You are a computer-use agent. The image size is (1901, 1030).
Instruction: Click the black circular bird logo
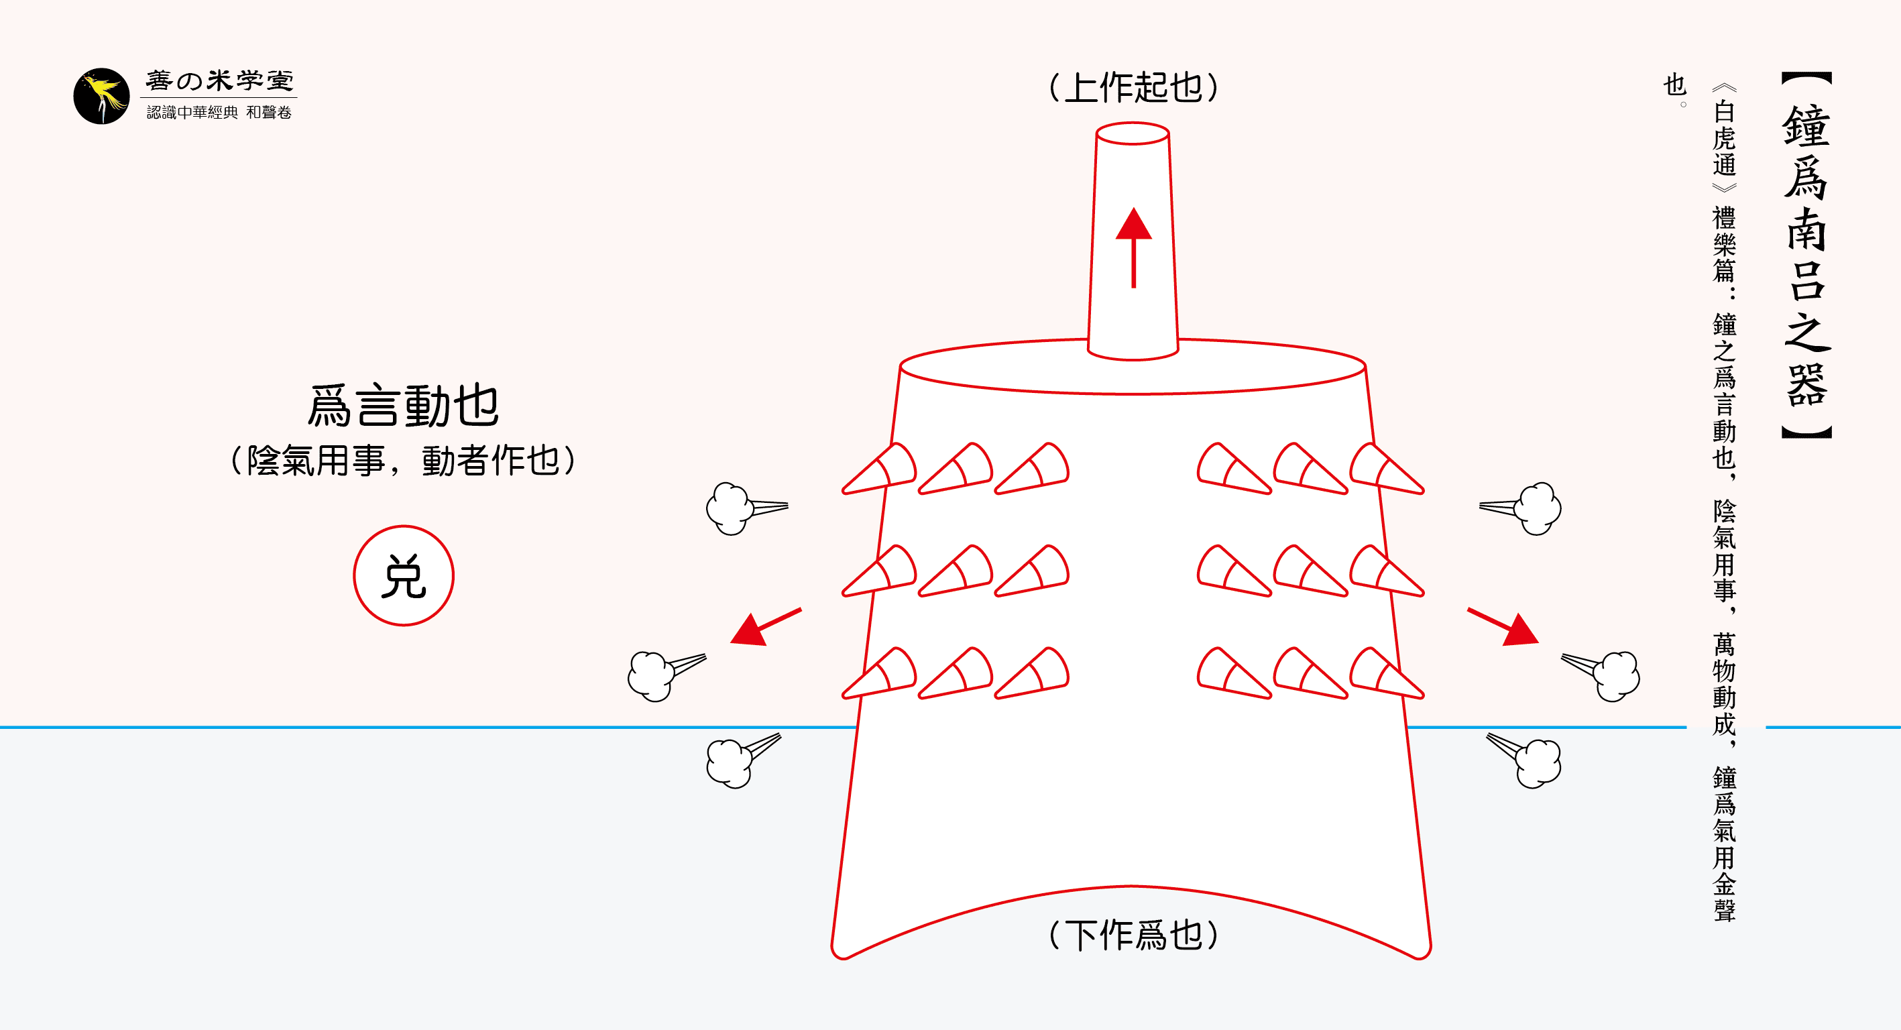coord(101,96)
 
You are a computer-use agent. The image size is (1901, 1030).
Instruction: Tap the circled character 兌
coord(404,575)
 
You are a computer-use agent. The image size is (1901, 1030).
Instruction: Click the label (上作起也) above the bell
coord(1133,88)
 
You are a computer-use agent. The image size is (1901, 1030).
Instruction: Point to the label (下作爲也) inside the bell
coord(1133,935)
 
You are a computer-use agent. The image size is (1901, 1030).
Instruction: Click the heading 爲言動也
coord(404,406)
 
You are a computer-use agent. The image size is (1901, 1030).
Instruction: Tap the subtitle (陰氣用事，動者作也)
coord(404,461)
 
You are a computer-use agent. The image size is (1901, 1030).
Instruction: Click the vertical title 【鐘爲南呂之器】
coord(1806,255)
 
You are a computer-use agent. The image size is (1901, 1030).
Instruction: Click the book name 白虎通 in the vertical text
coord(1724,138)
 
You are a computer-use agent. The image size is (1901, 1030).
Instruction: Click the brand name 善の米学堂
coord(219,80)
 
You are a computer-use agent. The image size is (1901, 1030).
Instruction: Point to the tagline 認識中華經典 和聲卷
coord(219,112)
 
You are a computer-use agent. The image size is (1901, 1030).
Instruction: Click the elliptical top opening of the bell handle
coord(1132,133)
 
